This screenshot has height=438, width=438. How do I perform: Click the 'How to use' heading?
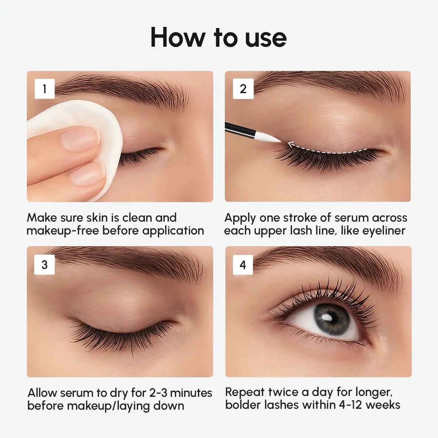click(x=218, y=37)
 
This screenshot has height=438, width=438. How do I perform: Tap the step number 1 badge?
click(x=45, y=89)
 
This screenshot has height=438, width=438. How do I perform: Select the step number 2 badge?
click(x=243, y=89)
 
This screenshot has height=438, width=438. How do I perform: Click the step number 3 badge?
click(x=44, y=265)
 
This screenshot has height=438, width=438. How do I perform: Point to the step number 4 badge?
click(x=243, y=265)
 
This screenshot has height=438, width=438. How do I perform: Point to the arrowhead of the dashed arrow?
click(x=290, y=144)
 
